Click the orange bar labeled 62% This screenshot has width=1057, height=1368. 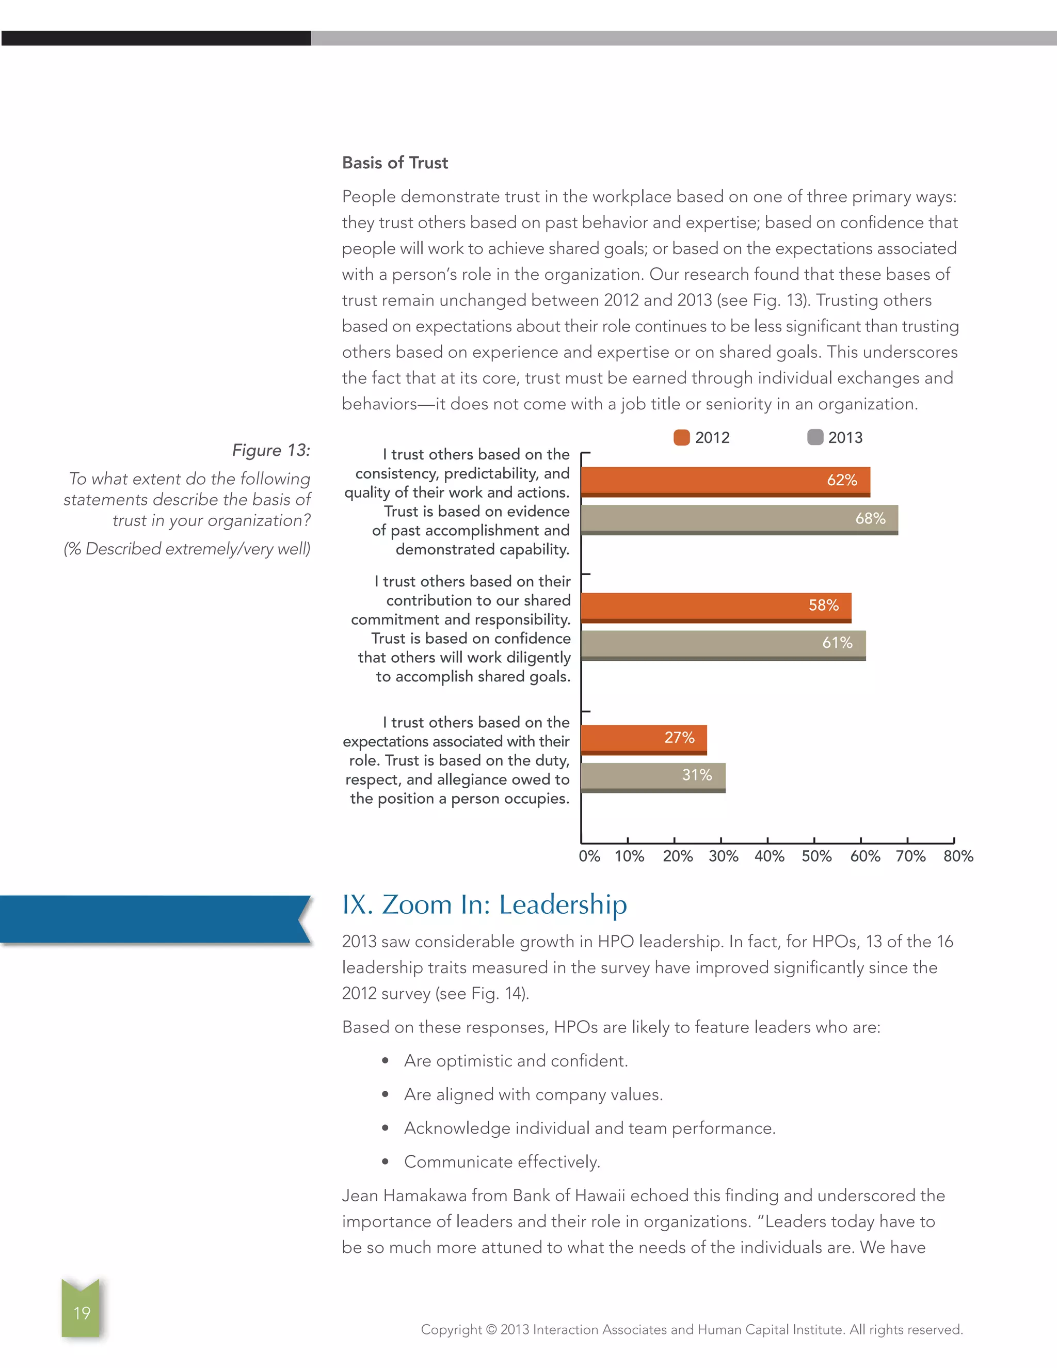725,481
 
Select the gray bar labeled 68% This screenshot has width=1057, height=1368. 739,519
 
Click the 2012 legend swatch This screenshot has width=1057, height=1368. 681,437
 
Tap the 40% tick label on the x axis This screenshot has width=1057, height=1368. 769,856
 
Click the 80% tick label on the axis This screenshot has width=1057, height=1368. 958,856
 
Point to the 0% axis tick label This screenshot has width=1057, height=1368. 589,856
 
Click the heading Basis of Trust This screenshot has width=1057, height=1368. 395,163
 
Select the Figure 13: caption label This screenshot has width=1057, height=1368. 271,450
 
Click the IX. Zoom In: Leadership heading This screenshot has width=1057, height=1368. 484,904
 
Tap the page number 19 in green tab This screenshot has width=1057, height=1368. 82,1313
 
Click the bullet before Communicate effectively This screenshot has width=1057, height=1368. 385,1163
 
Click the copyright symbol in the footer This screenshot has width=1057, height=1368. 491,1329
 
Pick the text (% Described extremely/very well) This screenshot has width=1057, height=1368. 187,549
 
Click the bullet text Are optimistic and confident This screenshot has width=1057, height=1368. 516,1060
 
